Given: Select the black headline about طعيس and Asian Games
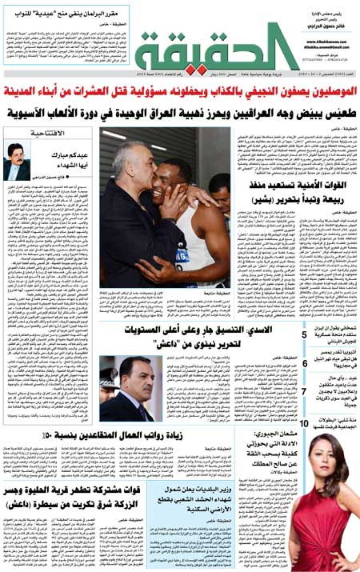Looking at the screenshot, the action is pyautogui.click(x=181, y=113).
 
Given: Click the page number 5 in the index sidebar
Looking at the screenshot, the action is pyautogui.click(x=305, y=334).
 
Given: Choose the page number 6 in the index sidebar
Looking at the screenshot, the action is pyautogui.click(x=305, y=363).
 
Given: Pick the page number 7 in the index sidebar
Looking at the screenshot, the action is pyautogui.click(x=305, y=391).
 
